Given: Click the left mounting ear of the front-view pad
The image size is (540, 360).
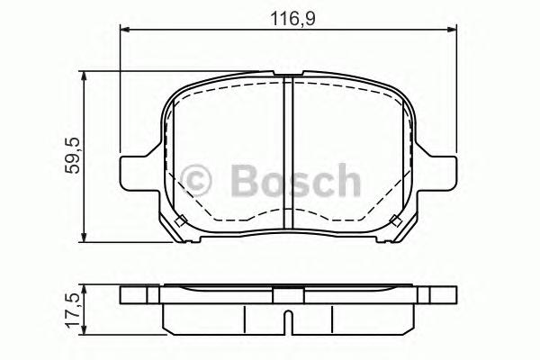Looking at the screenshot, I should [132, 169].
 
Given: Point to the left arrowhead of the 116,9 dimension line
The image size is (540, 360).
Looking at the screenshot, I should [125, 31].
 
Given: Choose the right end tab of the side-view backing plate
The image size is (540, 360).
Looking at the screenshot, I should [437, 295].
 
